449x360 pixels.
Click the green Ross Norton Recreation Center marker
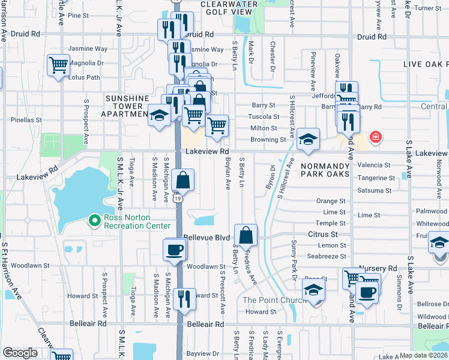click(x=94, y=221)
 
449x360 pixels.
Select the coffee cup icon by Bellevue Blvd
click(x=174, y=249)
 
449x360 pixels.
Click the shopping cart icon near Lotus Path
click(x=58, y=64)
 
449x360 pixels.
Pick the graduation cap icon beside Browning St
click(x=307, y=140)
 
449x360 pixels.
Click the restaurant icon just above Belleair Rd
click(x=184, y=298)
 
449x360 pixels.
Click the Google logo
click(x=20, y=353)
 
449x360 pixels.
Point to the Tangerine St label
click(x=376, y=178)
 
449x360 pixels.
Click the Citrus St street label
click(x=323, y=234)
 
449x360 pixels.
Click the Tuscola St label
click(x=264, y=117)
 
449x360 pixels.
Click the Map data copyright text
click(x=423, y=355)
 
